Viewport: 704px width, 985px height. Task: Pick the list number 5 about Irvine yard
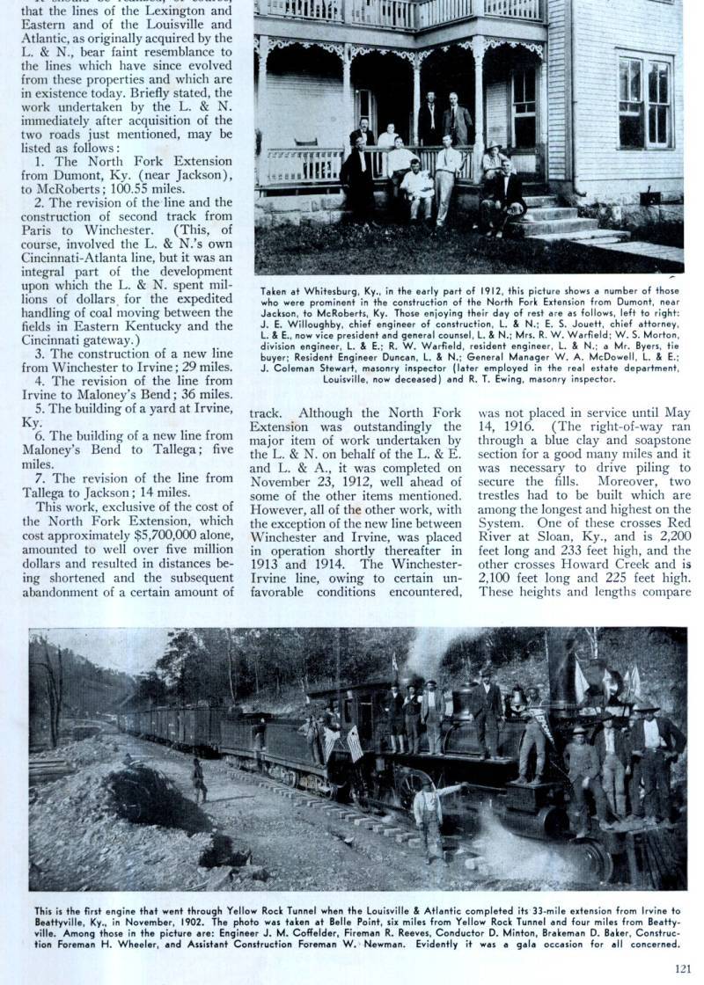click(40, 409)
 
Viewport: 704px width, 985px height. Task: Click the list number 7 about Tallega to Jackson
click(40, 478)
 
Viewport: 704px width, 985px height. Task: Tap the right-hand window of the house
click(644, 101)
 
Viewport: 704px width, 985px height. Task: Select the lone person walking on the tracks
click(200, 780)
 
